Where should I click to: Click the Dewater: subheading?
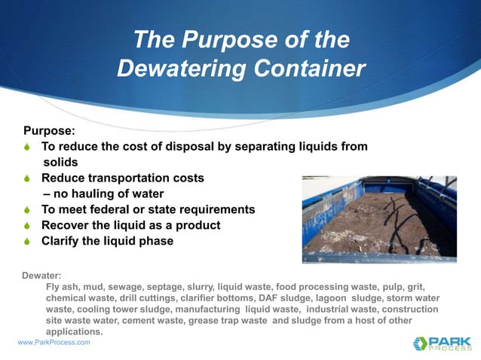42,276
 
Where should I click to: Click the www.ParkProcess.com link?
54,343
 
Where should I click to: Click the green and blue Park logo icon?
421,343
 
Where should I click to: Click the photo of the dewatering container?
378,219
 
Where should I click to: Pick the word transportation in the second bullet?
127,178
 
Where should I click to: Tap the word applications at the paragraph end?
74,331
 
